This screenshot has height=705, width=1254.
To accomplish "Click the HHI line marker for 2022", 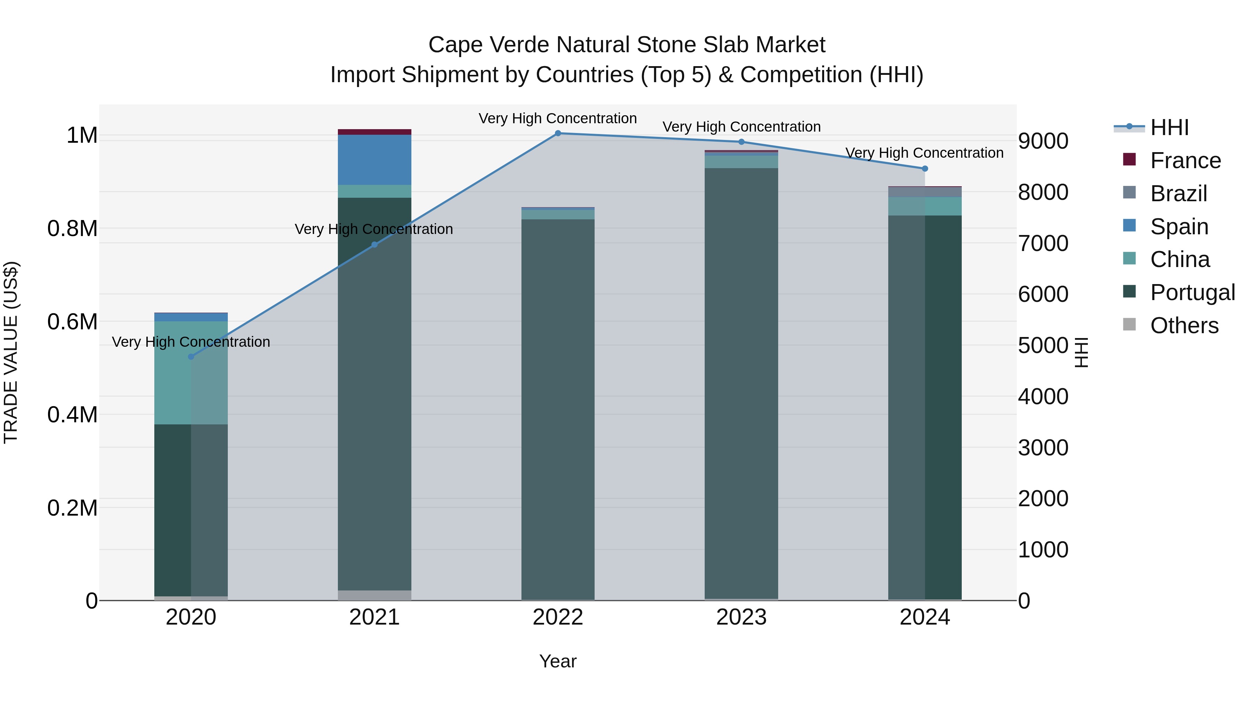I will pos(558,133).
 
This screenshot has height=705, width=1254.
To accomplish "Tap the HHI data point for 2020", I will pos(191,357).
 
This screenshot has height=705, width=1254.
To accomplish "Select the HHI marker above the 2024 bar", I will pos(925,169).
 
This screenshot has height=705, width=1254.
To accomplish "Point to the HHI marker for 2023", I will pos(741,142).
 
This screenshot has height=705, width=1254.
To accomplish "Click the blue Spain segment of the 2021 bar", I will pos(374,159).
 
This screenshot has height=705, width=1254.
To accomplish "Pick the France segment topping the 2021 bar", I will pos(374,132).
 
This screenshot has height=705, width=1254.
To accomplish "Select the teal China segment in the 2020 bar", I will pos(191,373).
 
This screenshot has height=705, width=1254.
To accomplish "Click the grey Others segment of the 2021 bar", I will pos(374,595).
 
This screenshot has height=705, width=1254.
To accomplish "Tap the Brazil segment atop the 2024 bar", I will pos(925,192).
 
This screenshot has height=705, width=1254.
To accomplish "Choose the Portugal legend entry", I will pos(1192,292).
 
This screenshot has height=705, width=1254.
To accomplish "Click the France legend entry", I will pos(1185,160).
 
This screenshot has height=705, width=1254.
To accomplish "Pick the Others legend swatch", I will pos(1129,324).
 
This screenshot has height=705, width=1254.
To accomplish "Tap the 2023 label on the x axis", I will pos(741,617).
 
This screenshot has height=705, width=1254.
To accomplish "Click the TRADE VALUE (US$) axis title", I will pos(11,352).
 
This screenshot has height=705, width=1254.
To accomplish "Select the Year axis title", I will pos(558,661).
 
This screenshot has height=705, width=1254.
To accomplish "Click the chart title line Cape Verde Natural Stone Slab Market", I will pos(627,45).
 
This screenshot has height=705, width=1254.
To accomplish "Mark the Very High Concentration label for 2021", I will pos(374,229).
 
